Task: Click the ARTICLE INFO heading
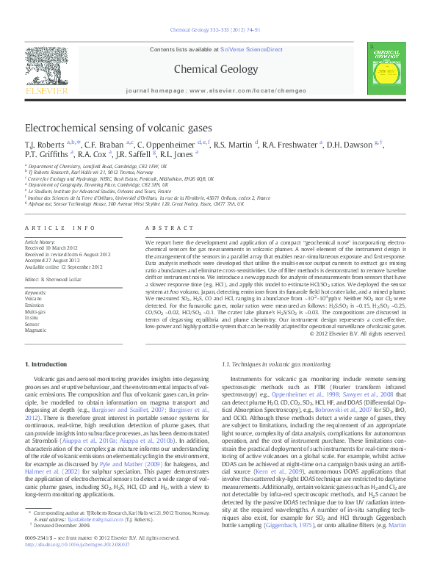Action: (x=60, y=228)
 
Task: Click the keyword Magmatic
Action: (x=37, y=330)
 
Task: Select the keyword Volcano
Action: (x=34, y=300)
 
